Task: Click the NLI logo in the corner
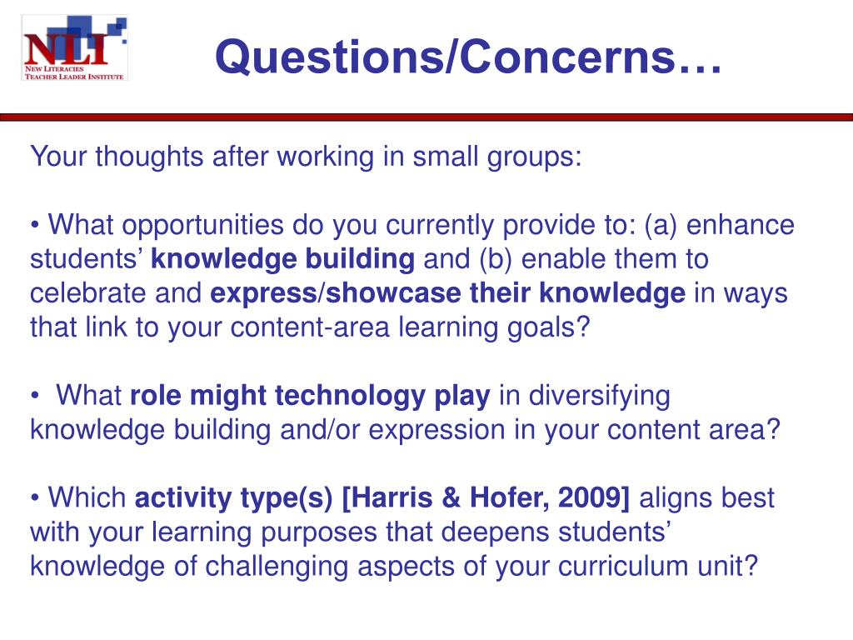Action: [x=74, y=47]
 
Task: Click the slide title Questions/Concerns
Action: [x=468, y=57]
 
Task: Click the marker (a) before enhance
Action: [x=660, y=225]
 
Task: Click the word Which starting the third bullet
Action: [x=87, y=498]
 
